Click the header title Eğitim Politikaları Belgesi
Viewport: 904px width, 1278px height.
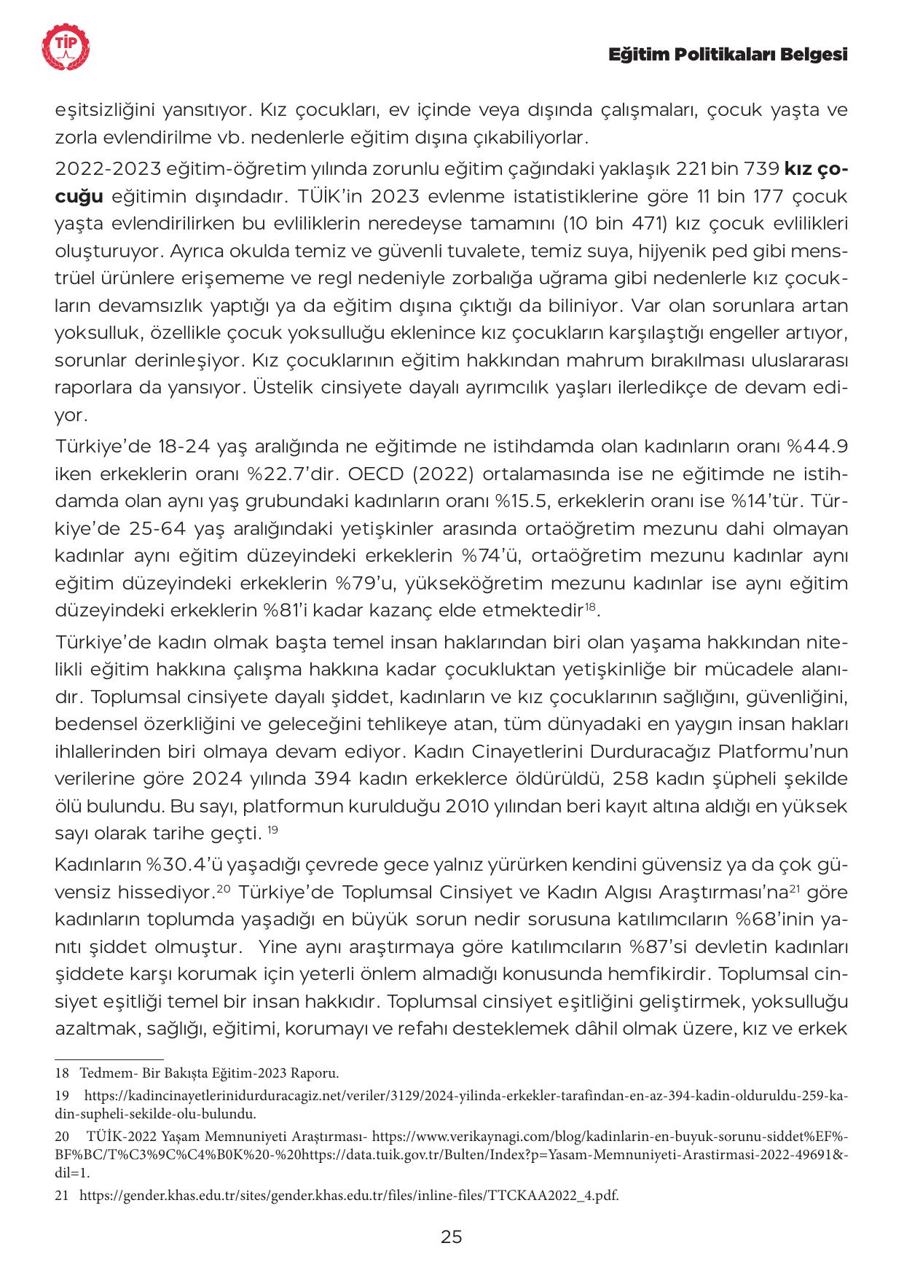pos(728,55)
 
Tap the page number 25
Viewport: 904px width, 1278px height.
pos(452,1236)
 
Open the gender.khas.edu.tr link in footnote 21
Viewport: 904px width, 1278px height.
pos(348,1195)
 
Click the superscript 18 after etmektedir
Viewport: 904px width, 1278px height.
pos(591,606)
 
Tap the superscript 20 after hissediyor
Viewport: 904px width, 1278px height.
pos(224,890)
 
